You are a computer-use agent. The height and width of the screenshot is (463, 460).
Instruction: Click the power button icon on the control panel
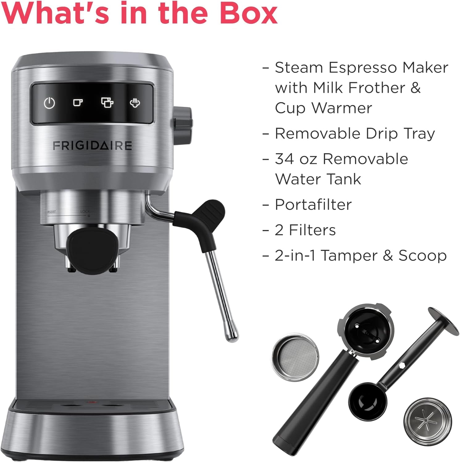(49, 103)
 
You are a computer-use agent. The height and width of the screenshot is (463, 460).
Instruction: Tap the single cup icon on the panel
(78, 102)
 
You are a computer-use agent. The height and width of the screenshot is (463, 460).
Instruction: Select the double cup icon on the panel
(107, 102)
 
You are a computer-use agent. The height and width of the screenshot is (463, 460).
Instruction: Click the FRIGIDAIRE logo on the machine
(92, 146)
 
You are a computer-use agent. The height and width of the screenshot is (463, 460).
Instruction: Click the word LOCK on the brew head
(85, 211)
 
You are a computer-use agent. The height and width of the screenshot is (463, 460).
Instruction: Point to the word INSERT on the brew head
(51, 212)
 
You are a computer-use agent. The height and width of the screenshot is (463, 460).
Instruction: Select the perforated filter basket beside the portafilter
(295, 357)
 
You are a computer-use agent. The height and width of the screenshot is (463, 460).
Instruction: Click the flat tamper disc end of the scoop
(443, 321)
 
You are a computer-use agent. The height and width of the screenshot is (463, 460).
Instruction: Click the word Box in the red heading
(249, 14)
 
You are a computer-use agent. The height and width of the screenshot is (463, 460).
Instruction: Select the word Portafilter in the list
(313, 204)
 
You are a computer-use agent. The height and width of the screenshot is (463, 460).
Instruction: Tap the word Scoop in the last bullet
(422, 256)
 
